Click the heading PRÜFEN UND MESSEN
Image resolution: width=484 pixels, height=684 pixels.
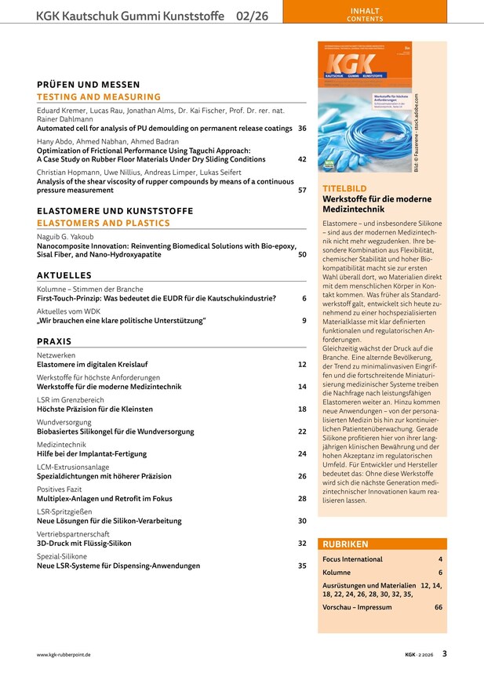coord(88,85)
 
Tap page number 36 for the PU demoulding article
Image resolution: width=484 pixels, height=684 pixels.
coord(302,128)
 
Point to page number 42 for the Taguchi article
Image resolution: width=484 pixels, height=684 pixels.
coord(302,158)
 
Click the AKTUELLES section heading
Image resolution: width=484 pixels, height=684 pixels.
coord(64,275)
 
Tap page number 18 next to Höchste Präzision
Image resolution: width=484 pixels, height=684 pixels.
coord(302,409)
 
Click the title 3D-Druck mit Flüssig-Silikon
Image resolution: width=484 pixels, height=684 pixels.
coord(84,543)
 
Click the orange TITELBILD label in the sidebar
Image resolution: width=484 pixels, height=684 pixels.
coord(343,189)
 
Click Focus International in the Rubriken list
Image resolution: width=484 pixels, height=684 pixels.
coord(352,559)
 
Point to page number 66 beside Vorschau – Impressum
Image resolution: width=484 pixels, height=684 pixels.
coord(438,607)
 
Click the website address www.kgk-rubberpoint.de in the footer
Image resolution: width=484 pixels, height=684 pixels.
coord(64,653)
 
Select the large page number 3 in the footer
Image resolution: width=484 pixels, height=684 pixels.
coord(444,653)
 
